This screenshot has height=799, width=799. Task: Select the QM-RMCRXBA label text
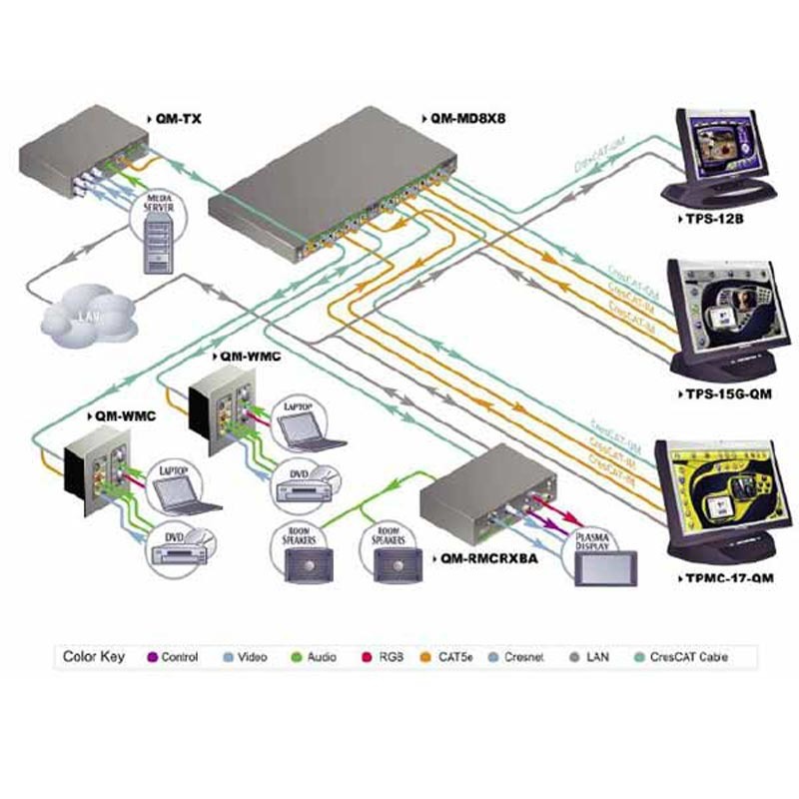[x=489, y=559]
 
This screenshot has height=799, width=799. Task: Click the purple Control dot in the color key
[x=154, y=657]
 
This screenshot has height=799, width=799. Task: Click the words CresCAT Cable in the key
[x=689, y=657]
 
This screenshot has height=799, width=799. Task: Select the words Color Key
[x=92, y=657]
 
